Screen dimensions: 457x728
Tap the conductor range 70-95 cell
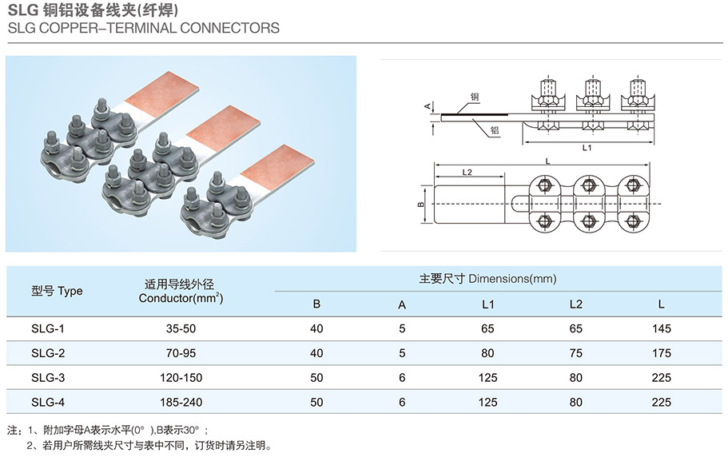(180, 352)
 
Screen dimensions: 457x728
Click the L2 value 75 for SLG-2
(575, 352)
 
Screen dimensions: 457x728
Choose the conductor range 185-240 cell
(180, 402)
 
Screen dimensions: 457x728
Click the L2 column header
(575, 304)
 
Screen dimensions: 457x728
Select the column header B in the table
(316, 304)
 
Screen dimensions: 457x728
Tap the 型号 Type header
(57, 291)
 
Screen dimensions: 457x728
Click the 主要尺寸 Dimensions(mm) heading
(487, 279)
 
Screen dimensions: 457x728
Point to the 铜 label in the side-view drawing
(475, 97)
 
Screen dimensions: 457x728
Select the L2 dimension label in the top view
(467, 172)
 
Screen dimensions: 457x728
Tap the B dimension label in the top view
(421, 204)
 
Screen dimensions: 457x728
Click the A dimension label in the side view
(428, 106)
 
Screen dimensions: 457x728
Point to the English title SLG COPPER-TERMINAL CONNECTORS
(143, 28)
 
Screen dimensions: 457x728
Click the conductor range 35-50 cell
(180, 328)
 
